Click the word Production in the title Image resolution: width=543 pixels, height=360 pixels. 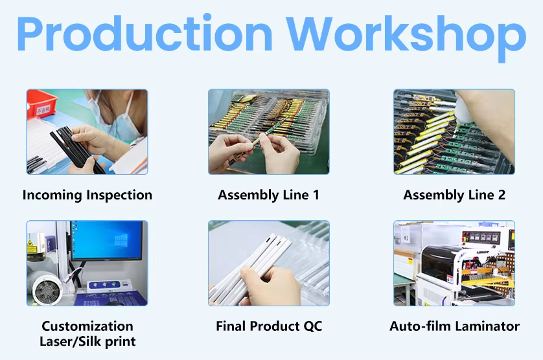[144, 34]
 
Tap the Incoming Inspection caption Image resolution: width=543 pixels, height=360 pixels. [87, 195]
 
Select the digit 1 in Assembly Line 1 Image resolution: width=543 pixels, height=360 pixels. [316, 195]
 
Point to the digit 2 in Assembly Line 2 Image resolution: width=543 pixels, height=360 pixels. [502, 195]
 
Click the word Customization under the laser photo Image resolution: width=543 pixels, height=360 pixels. [87, 326]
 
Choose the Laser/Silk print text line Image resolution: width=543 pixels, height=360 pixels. [87, 341]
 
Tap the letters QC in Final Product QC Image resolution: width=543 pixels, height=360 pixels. [313, 326]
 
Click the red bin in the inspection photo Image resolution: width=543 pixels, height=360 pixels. [41, 103]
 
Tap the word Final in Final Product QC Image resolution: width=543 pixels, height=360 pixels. [231, 326]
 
